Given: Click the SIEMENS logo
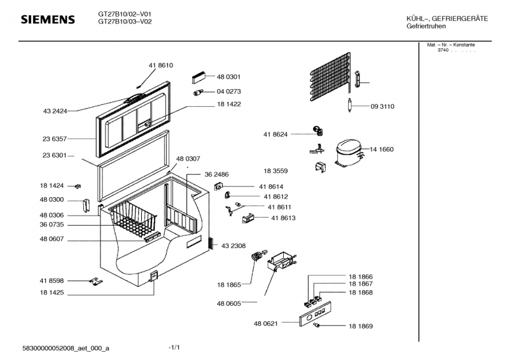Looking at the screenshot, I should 48,20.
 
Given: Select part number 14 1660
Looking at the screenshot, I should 382,149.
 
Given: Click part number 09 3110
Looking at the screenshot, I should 382,107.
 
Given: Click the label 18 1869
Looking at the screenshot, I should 360,326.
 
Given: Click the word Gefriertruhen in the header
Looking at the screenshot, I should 426,26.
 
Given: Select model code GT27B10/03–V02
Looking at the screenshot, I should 125,22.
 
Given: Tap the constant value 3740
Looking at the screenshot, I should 443,50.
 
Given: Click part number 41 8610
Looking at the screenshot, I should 161,66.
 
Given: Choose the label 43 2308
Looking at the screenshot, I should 234,246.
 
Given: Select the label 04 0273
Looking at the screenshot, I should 229,91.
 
